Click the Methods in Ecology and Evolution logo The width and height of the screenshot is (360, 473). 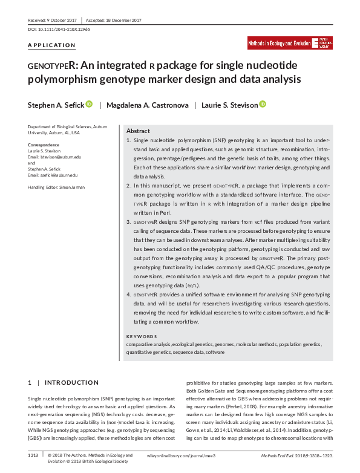(x=288, y=44)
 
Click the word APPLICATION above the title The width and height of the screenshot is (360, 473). (x=52, y=45)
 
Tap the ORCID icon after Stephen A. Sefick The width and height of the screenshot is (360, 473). (x=89, y=105)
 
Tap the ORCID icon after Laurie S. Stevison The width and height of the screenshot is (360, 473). (x=263, y=105)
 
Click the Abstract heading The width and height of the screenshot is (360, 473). (x=138, y=131)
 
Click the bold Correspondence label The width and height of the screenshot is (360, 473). (x=44, y=145)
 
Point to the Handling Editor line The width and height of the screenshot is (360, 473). (x=57, y=188)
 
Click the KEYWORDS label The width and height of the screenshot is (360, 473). (x=142, y=336)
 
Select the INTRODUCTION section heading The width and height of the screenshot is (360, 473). (x=71, y=382)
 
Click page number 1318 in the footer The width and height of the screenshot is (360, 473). (x=33, y=454)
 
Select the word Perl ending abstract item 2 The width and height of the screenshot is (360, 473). (x=165, y=213)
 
